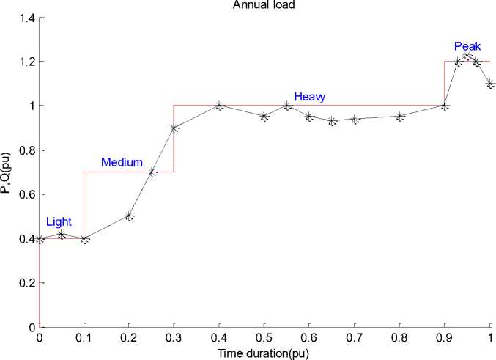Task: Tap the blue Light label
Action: [x=59, y=221]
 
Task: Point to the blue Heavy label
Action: [x=310, y=96]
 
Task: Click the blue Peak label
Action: [x=467, y=46]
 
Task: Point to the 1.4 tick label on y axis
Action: [x=26, y=17]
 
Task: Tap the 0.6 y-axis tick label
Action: [x=26, y=194]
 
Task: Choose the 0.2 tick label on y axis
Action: [x=26, y=283]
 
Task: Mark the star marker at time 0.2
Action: [x=129, y=216]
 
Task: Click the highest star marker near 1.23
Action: [x=467, y=55]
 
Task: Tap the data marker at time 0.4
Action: [x=219, y=106]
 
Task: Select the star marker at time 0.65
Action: [x=332, y=120]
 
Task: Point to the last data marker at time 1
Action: [x=490, y=84]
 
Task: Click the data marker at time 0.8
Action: [x=400, y=116]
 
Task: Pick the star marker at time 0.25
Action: [x=152, y=172]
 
